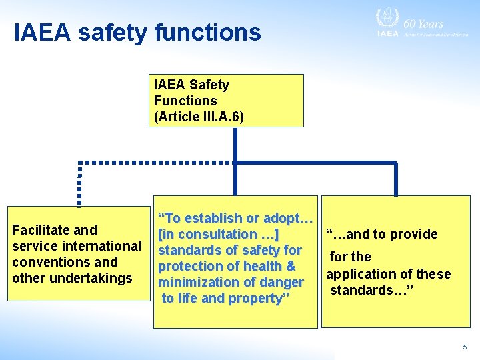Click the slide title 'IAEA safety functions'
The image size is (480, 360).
(137, 32)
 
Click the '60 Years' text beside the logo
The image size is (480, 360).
(423, 23)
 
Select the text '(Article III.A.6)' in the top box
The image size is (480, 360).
(199, 117)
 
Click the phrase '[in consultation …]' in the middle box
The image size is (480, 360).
(218, 234)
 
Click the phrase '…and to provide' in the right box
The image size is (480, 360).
(381, 234)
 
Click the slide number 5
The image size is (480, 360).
(465, 347)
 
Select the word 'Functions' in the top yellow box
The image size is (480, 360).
(185, 101)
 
